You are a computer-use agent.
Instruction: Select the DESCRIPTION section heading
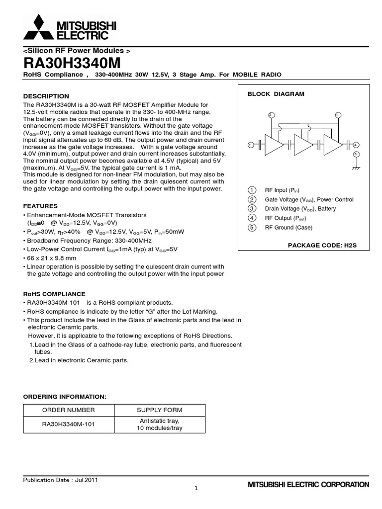[46, 96]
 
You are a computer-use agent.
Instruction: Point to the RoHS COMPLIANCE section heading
[55, 294]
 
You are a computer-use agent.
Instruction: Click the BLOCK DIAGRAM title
[276, 94]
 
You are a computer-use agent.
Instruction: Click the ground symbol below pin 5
[356, 169]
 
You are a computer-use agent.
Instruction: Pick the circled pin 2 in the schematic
[271, 115]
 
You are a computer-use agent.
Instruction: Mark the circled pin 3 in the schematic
[337, 115]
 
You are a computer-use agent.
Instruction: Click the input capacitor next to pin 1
[259, 145]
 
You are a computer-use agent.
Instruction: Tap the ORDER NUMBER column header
[69, 410]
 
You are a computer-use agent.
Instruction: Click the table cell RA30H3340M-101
[69, 424]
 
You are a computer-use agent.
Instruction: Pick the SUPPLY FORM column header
[159, 410]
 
